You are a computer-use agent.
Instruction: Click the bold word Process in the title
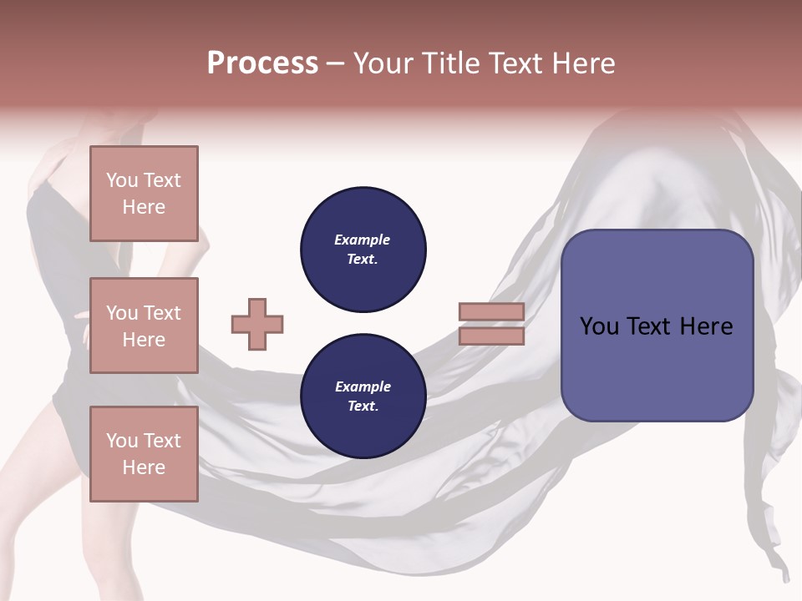click(x=262, y=63)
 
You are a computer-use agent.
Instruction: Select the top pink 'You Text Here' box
click(x=144, y=194)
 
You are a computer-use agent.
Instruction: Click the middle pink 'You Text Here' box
click(x=144, y=326)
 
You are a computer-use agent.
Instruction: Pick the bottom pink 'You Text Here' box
click(x=144, y=453)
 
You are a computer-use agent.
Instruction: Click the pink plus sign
click(x=257, y=325)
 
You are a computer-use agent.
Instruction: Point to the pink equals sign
click(x=491, y=325)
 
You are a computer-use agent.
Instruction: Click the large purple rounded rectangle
click(x=657, y=326)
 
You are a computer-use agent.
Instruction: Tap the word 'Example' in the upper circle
click(x=363, y=240)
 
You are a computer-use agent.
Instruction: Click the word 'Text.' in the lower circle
click(x=363, y=407)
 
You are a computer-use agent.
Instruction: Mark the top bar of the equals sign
click(x=491, y=312)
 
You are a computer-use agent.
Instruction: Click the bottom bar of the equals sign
click(x=491, y=336)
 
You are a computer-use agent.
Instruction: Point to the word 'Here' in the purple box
click(x=706, y=326)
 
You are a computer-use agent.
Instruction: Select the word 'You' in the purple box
click(x=599, y=326)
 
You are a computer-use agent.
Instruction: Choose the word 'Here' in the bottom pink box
click(x=144, y=467)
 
